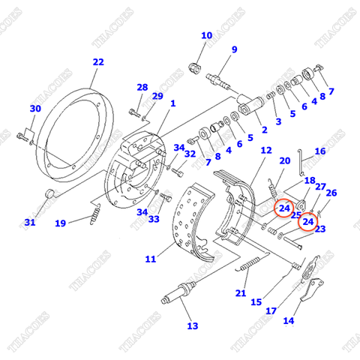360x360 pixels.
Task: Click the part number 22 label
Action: coord(98,62)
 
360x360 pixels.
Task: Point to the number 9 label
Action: coord(234,49)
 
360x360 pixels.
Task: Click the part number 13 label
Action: coord(192,325)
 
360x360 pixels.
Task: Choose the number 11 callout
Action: coord(150,259)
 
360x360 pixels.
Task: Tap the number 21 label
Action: coord(241,292)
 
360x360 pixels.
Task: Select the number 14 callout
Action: coord(289,321)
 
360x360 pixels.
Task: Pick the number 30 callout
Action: coord(34,109)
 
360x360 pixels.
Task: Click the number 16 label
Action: coord(320,151)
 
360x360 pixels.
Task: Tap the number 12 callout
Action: coord(266,151)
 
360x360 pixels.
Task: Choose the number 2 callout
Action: coord(263,129)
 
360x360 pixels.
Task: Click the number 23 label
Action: coord(320,229)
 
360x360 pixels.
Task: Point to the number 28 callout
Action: coord(142,88)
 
